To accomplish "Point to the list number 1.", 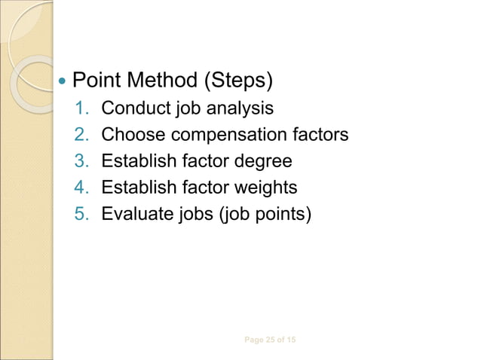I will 82,109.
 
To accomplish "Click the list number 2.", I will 82,136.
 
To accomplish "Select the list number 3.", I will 82,161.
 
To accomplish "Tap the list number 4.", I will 82,187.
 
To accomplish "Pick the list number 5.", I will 82,212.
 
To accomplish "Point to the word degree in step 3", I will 265,161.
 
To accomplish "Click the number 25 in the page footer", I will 269,340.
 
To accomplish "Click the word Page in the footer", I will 254,340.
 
